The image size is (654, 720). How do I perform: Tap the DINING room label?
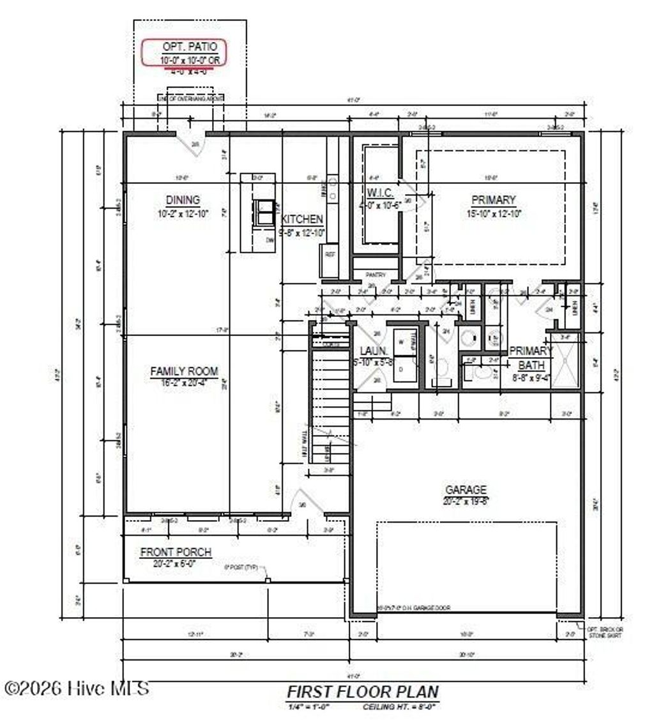pyautogui.click(x=183, y=199)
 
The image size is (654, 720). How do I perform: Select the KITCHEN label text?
pyautogui.click(x=303, y=219)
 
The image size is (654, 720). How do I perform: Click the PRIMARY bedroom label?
pyautogui.click(x=494, y=199)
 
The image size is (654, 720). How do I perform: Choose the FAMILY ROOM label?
pyautogui.click(x=184, y=371)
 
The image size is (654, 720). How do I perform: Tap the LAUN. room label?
pyautogui.click(x=370, y=351)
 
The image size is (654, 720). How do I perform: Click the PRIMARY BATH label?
pyautogui.click(x=530, y=358)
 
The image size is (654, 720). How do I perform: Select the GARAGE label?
pyautogui.click(x=466, y=489)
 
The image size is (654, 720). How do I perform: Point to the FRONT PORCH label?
pyautogui.click(x=176, y=552)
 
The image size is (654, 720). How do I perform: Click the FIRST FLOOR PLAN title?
pyautogui.click(x=362, y=691)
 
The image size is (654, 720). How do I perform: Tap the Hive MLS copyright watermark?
pyautogui.click(x=77, y=688)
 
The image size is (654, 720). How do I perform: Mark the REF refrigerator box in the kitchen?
pyautogui.click(x=330, y=254)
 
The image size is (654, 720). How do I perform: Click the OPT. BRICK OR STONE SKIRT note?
pyautogui.click(x=604, y=632)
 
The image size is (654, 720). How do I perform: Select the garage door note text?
pyautogui.click(x=413, y=608)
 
